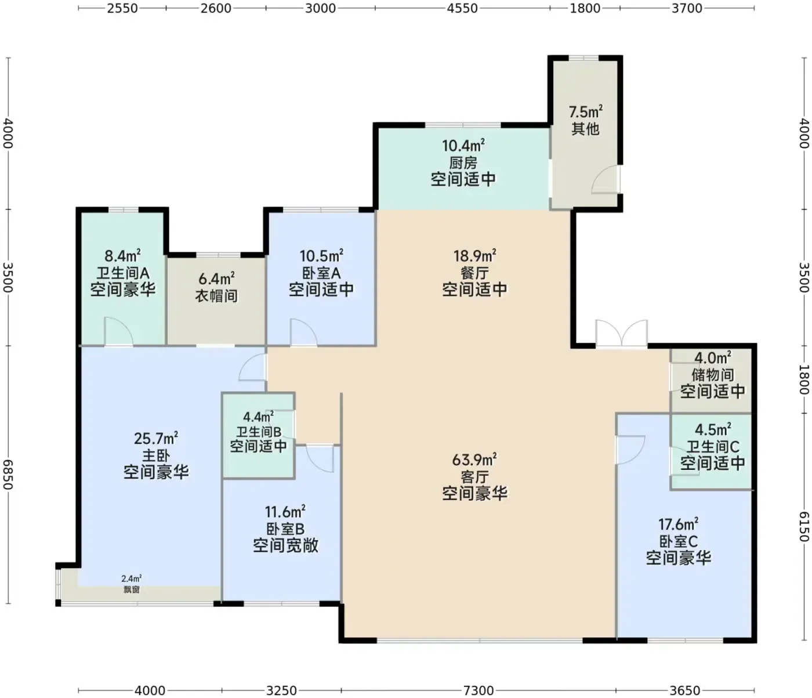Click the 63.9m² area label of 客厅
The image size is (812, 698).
[x=474, y=459]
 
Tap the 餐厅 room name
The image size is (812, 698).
[x=474, y=273]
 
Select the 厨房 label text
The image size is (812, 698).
[x=463, y=162]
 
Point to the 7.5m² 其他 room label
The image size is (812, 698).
[x=585, y=120]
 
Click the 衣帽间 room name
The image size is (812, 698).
[x=216, y=295]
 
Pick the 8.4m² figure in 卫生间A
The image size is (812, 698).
[x=122, y=256]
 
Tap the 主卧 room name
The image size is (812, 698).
[x=156, y=455]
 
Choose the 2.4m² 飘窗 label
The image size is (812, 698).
[x=131, y=584]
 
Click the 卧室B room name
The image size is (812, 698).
[x=285, y=529]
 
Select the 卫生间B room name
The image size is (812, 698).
[x=259, y=432]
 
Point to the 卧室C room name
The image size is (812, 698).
[x=679, y=541]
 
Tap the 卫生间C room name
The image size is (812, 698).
[x=713, y=446]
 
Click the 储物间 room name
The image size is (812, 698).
[x=713, y=375]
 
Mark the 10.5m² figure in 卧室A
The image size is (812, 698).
[x=321, y=256]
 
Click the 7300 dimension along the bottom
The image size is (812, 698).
[x=478, y=690]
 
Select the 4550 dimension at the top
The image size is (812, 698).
[x=462, y=8]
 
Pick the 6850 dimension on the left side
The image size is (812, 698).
[x=8, y=475]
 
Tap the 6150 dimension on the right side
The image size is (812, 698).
[x=804, y=526]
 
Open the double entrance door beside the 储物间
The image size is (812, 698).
[x=622, y=334]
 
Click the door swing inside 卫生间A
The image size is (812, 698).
[x=118, y=332]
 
